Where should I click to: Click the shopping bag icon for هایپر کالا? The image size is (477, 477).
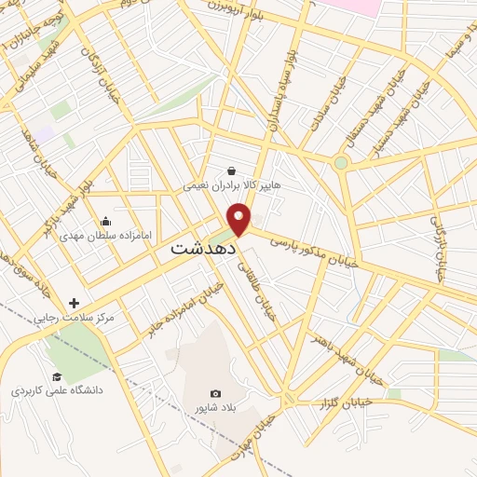[231, 170]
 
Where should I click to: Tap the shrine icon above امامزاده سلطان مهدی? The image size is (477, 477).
[105, 222]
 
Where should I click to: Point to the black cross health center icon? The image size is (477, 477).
[74, 303]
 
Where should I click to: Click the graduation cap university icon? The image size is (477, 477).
[57, 376]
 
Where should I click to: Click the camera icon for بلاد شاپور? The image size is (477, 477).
[216, 394]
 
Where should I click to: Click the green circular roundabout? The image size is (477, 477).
[341, 163]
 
